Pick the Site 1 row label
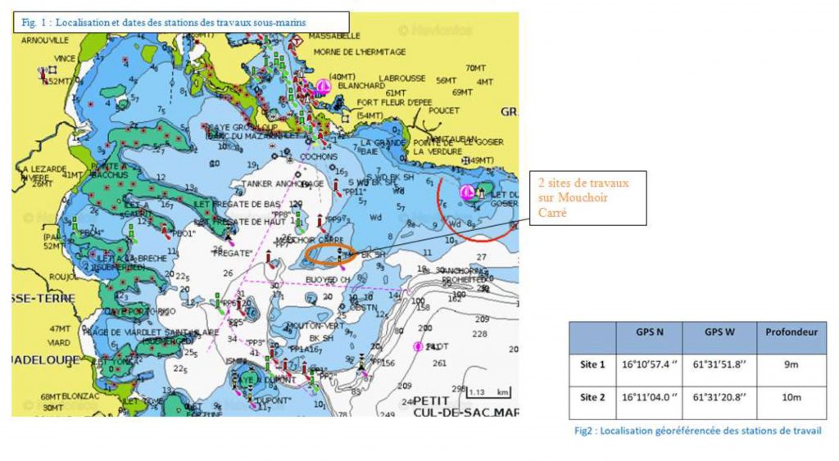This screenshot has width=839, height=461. coord(592,365)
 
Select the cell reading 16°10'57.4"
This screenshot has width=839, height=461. coord(648,365)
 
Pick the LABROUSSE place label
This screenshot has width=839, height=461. coord(402,79)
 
